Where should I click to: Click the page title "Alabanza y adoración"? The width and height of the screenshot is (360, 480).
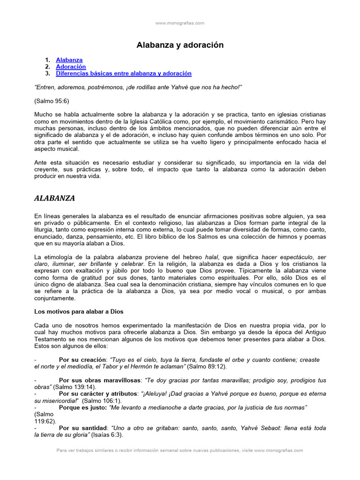180,45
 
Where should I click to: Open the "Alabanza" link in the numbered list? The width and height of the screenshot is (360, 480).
69,60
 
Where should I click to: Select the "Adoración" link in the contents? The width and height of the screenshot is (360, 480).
71,67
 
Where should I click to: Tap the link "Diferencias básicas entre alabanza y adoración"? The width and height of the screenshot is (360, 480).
124,74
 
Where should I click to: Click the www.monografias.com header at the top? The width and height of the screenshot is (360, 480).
180,22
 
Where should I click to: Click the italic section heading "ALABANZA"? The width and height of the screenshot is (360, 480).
54,198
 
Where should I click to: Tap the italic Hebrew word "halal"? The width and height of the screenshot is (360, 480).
212,257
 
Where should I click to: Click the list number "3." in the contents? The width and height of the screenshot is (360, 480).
47,74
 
